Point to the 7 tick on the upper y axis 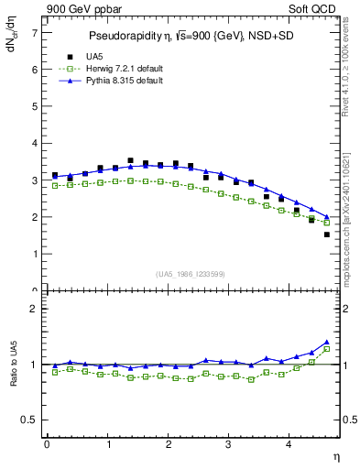coord(35,32)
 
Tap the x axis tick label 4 coord(289,444)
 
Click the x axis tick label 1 coord(107,444)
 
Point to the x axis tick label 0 coord(47,444)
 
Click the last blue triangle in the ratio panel coord(327,342)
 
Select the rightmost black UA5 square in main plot coord(327,234)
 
